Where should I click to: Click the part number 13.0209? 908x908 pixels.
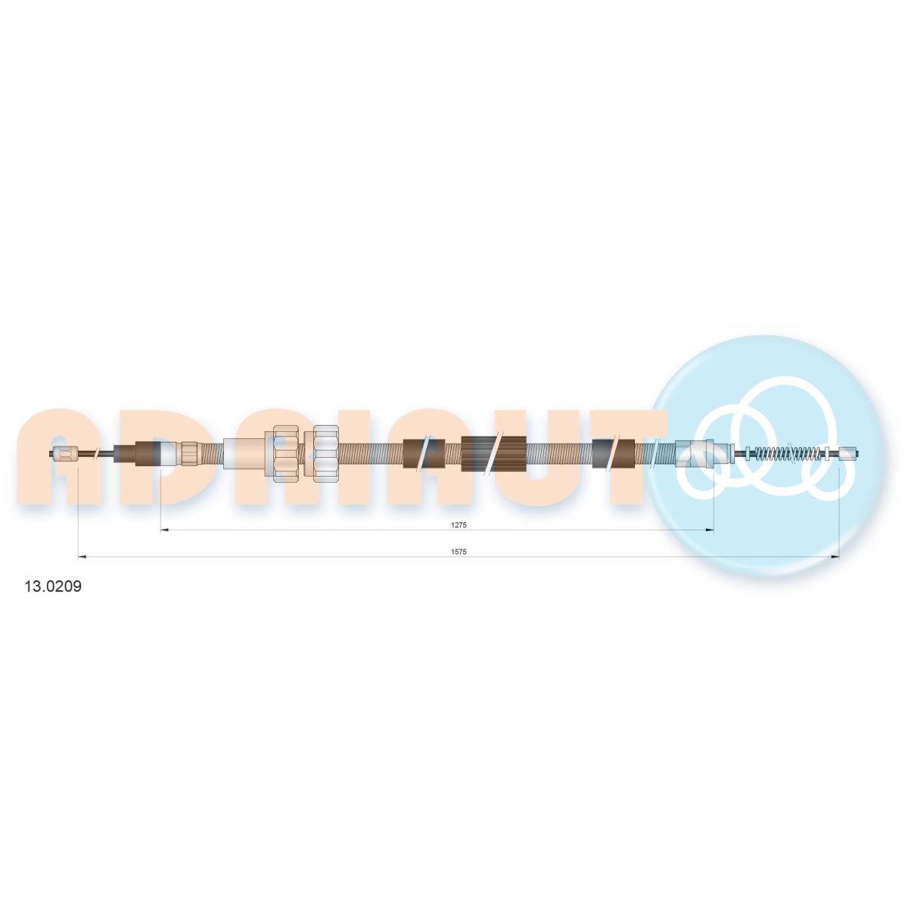pos(53,586)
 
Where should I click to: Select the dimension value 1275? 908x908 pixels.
pos(458,525)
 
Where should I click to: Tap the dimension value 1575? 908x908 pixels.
pos(458,552)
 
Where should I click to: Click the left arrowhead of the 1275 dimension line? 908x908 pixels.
pos(164,530)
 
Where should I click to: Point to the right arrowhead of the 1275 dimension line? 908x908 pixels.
pos(709,530)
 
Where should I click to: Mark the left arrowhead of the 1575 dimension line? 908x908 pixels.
pos(81,557)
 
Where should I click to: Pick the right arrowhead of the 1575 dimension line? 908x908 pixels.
pos(835,557)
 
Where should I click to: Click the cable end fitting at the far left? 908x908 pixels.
pos(65,454)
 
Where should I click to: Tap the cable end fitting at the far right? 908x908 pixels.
pos(850,454)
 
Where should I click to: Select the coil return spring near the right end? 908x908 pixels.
pos(796,454)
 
